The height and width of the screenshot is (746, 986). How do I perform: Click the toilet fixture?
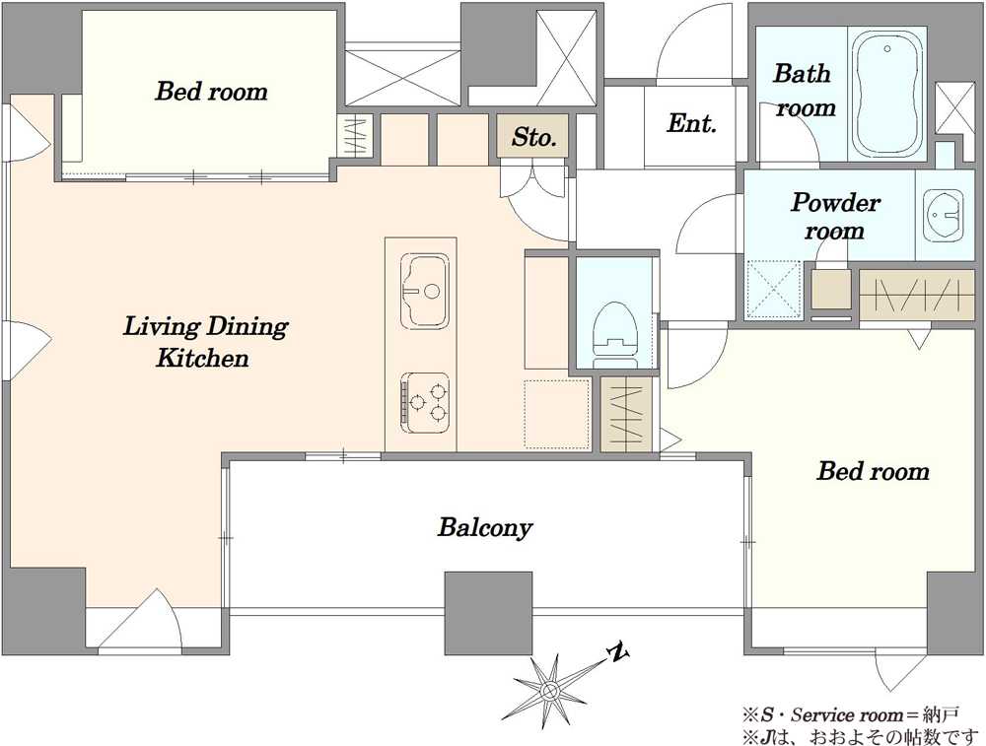pyautogui.click(x=615, y=335)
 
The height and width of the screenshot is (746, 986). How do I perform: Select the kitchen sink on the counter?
pyautogui.click(x=424, y=290)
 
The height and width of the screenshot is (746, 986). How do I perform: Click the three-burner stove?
pyautogui.click(x=424, y=402)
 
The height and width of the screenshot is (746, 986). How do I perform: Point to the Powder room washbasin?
pyautogui.click(x=943, y=215)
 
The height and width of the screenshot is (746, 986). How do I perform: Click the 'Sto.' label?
pyautogui.click(x=533, y=136)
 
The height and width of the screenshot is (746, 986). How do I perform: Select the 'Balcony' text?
pyautogui.click(x=485, y=526)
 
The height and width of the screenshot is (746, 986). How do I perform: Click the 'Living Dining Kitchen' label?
pyautogui.click(x=205, y=342)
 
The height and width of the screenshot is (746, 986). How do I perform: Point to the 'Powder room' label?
pyautogui.click(x=835, y=216)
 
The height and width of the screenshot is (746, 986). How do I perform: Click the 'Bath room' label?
pyautogui.click(x=803, y=90)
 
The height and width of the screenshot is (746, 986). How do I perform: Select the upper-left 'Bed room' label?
pyautogui.click(x=211, y=91)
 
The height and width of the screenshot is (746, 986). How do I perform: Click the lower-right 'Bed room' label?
pyautogui.click(x=873, y=471)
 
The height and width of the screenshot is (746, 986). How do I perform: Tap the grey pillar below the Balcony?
pyautogui.click(x=489, y=613)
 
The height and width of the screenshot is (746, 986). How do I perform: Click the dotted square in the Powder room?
pyautogui.click(x=774, y=288)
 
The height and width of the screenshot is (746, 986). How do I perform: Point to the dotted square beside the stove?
pyautogui.click(x=557, y=414)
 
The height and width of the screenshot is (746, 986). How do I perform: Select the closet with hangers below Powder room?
pyautogui.click(x=916, y=295)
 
